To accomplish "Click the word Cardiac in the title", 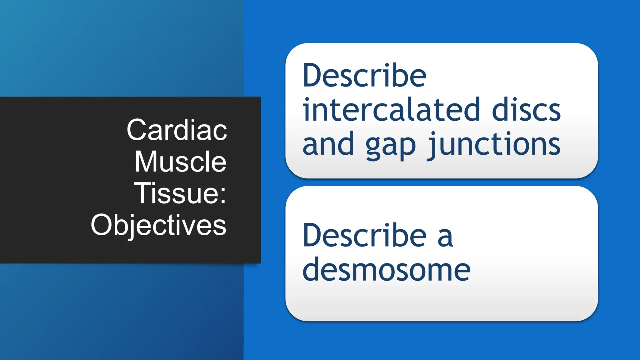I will click(177, 130).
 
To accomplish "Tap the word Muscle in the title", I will click(180, 162).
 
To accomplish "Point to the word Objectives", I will click(158, 225).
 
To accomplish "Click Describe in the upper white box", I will click(364, 76).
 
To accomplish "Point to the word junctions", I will click(494, 144).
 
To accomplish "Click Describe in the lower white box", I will click(364, 235).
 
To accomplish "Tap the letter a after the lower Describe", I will click(445, 238).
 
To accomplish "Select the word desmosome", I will click(386, 269).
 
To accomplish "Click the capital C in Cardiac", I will click(137, 130).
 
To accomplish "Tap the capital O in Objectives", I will click(102, 225).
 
